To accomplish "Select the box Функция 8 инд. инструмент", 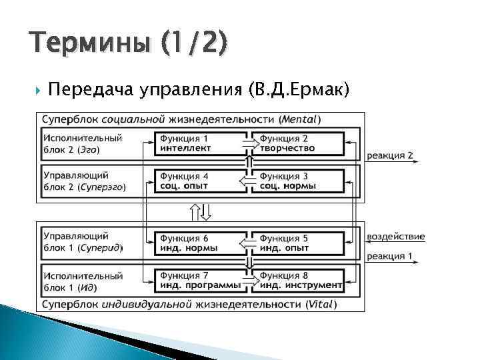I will tap(300, 280).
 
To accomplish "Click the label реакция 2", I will tap(390, 155).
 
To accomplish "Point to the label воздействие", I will tap(395, 237).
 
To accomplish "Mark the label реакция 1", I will tap(390, 255).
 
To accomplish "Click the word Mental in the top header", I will tap(299, 119).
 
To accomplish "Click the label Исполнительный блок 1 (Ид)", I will tap(82, 280).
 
